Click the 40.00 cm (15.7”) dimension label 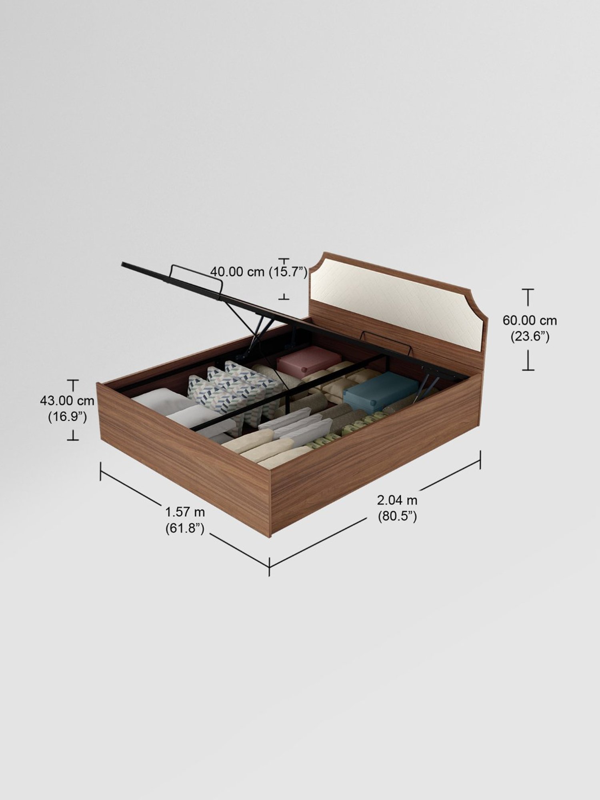[x=258, y=272]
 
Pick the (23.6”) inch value [x=530, y=337]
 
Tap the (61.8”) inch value [x=185, y=528]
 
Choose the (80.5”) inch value [x=397, y=516]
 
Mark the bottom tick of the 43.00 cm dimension [x=73, y=440]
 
